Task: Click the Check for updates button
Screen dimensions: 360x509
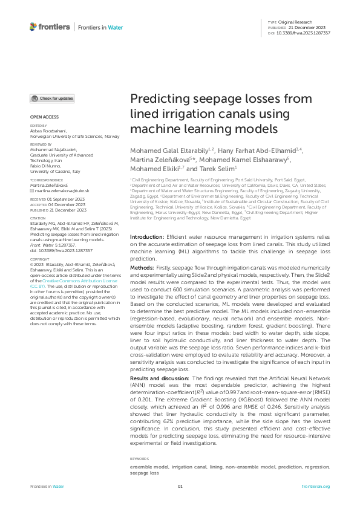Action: tap(53, 99)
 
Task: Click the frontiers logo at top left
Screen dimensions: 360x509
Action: tap(48, 27)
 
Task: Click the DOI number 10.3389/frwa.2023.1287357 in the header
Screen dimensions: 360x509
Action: tap(308, 33)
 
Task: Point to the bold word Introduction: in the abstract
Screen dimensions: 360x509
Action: tap(146, 254)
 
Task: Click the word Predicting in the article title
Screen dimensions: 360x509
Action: tap(159, 100)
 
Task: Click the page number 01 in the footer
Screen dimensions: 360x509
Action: tap(180, 487)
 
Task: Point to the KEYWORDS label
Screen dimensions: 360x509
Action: tap(140, 458)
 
